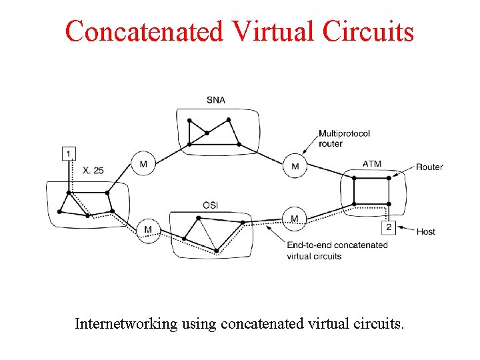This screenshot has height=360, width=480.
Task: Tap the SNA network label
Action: (215, 100)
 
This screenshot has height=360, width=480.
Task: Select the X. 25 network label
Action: (93, 171)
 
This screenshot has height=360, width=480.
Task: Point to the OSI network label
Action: (211, 205)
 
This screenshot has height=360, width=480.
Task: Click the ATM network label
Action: (372, 164)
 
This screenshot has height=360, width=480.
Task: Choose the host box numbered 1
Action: (69, 154)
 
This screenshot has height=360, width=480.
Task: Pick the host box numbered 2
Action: (389, 227)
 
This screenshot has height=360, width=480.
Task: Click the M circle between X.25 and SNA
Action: (143, 163)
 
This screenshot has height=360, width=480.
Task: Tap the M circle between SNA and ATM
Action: (295, 166)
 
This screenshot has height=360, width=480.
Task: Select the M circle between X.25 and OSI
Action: (148, 230)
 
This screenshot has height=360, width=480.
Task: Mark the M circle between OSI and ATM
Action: (294, 219)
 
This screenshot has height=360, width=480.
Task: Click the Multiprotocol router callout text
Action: (344, 138)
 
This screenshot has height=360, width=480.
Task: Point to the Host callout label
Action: (425, 232)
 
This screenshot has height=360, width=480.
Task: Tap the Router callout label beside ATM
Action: (429, 167)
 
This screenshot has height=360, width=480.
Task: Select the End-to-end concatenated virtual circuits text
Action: (337, 250)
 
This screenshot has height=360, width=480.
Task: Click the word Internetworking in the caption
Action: (125, 324)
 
